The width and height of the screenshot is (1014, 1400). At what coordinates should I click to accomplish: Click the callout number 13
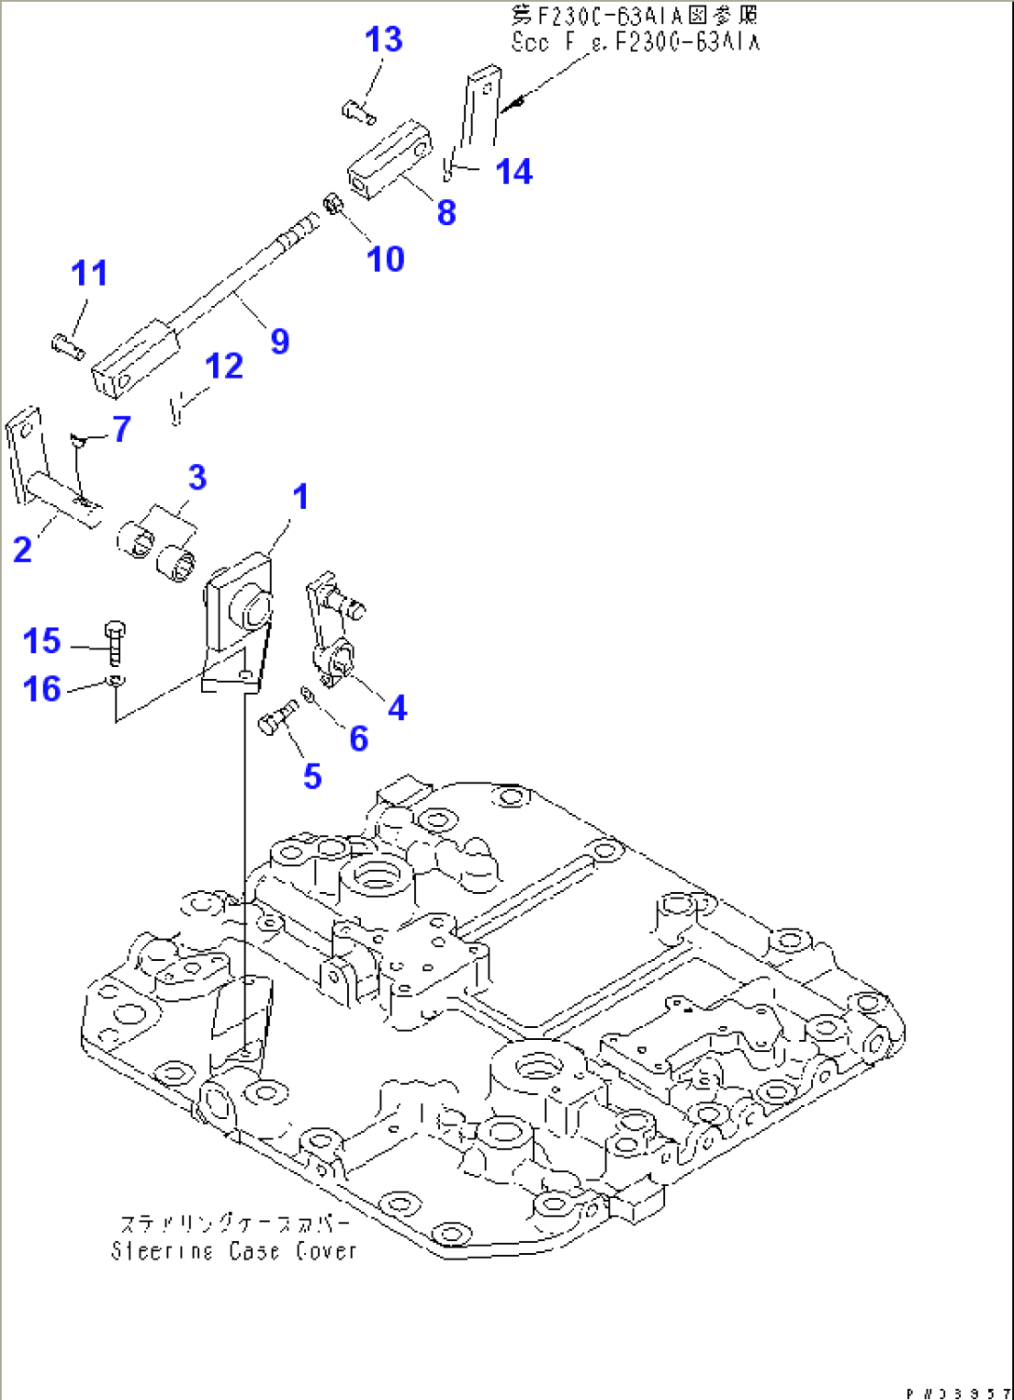point(382,40)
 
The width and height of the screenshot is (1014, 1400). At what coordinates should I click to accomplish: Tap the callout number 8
point(447,212)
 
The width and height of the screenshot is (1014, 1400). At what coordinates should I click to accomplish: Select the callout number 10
point(385,260)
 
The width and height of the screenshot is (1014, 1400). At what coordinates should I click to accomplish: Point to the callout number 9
point(279,341)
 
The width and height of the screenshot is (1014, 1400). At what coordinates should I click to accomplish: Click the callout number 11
point(89,273)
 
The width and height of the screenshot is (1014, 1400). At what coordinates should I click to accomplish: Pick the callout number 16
point(42,689)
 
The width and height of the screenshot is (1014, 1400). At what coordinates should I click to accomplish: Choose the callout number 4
point(397,708)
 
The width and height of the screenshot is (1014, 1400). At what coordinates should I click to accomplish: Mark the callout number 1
point(300,497)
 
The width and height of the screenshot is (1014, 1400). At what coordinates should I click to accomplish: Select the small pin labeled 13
point(356,113)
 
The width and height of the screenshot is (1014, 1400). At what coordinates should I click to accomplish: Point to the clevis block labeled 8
point(391,160)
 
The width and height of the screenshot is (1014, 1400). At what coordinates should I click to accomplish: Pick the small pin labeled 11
point(68,347)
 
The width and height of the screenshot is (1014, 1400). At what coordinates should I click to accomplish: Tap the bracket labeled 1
point(238,623)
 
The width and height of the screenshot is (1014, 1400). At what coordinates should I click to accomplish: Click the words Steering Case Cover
point(233,1251)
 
